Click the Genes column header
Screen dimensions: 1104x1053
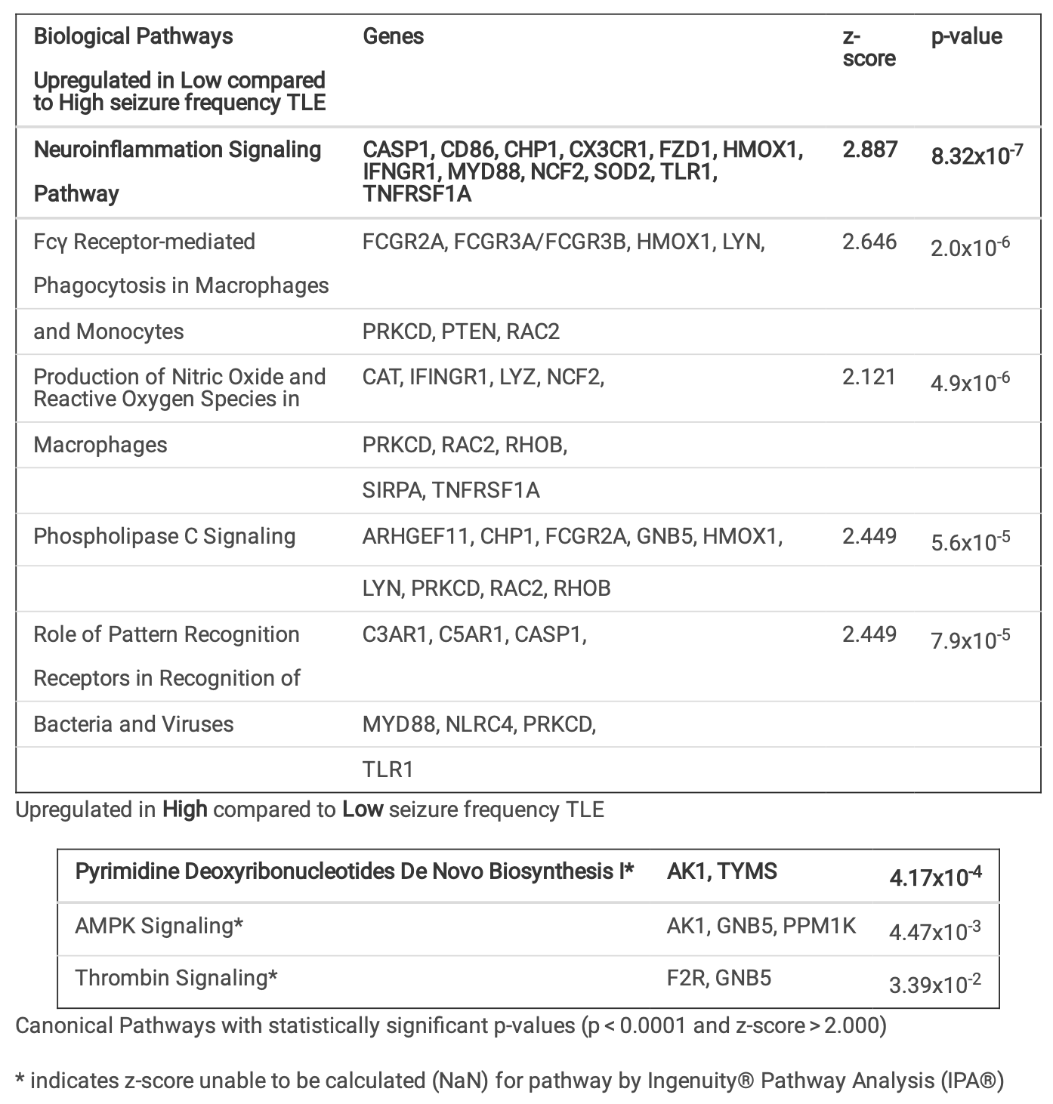[393, 36]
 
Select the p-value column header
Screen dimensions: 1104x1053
[966, 36]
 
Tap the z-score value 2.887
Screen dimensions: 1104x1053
[869, 150]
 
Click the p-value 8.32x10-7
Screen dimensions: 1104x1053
[977, 156]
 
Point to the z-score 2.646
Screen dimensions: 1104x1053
[869, 242]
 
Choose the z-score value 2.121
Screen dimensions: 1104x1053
[869, 377]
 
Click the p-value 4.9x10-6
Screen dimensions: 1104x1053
[970, 381]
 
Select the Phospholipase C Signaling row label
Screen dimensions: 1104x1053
[164, 536]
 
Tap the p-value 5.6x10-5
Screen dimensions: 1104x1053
[970, 541]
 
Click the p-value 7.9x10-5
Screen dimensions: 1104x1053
[970, 639]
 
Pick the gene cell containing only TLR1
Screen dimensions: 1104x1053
[388, 769]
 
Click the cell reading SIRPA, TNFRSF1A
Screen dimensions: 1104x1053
[451, 490]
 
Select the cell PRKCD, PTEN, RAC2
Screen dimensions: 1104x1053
[461, 332]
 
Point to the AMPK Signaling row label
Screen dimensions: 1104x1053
[159, 926]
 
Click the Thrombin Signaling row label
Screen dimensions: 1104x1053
[176, 978]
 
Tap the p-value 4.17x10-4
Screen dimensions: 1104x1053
[935, 877]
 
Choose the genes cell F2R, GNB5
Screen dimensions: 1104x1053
[718, 978]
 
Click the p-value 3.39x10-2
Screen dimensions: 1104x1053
[935, 983]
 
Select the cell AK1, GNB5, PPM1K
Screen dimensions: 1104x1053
[761, 926]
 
